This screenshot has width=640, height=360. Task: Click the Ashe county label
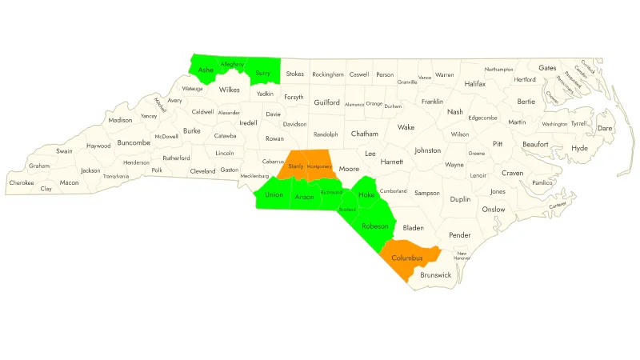pos(206,70)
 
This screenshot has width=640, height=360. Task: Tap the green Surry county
pos(262,74)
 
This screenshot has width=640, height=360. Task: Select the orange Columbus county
pos(407,258)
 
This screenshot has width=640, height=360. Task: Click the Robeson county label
pos(374,226)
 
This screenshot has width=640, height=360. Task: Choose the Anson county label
pos(304,197)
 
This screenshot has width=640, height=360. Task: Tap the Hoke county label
pos(366,196)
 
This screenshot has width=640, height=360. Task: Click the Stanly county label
pos(296,166)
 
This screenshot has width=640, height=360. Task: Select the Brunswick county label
pos(435,275)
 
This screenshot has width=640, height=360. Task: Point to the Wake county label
pos(406,127)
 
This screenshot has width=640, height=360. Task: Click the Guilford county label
pos(327,103)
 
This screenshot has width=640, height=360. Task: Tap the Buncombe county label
pos(133,143)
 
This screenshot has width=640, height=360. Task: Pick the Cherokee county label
pos(22,182)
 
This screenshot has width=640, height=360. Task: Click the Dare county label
pos(605,128)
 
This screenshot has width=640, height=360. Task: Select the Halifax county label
pos(475,84)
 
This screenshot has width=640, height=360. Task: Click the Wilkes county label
pos(230,90)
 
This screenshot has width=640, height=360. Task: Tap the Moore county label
pos(349,170)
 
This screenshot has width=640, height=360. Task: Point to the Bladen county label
pos(413,228)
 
